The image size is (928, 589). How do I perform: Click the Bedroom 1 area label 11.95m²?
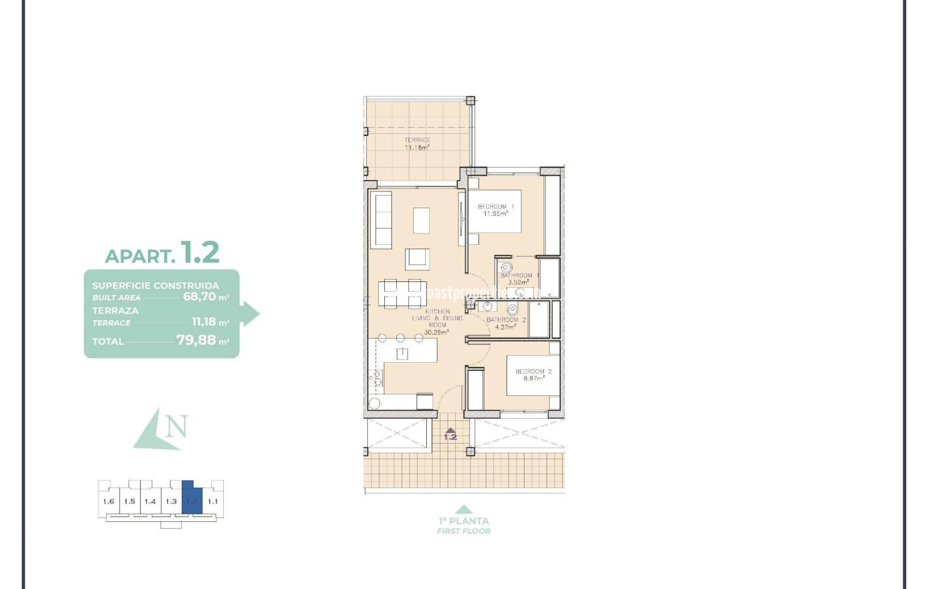pyautogui.click(x=495, y=214)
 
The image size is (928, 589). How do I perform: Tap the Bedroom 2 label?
pyautogui.click(x=533, y=371)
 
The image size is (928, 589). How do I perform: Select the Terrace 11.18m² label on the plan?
pyautogui.click(x=417, y=144)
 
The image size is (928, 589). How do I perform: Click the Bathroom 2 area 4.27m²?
pyautogui.click(x=504, y=327)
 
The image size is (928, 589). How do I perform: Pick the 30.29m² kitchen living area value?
pyautogui.click(x=436, y=332)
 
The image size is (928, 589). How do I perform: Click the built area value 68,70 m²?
pyautogui.click(x=206, y=297)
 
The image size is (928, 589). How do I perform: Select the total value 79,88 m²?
pyautogui.click(x=203, y=341)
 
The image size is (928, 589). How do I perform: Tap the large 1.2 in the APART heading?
pyautogui.click(x=200, y=252)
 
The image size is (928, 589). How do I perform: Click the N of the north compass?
pyautogui.click(x=177, y=426)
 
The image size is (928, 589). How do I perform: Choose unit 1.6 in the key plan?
pyautogui.click(x=109, y=501)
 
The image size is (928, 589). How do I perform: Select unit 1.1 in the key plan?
pyautogui.click(x=213, y=501)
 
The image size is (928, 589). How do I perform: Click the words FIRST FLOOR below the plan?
pyautogui.click(x=463, y=531)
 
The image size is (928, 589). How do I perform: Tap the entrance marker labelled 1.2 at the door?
pyautogui.click(x=450, y=435)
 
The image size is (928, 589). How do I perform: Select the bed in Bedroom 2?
pyautogui.click(x=532, y=375)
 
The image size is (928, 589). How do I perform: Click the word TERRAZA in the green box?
pyautogui.click(x=115, y=310)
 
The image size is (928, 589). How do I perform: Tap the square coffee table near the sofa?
pyautogui.click(x=421, y=221)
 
